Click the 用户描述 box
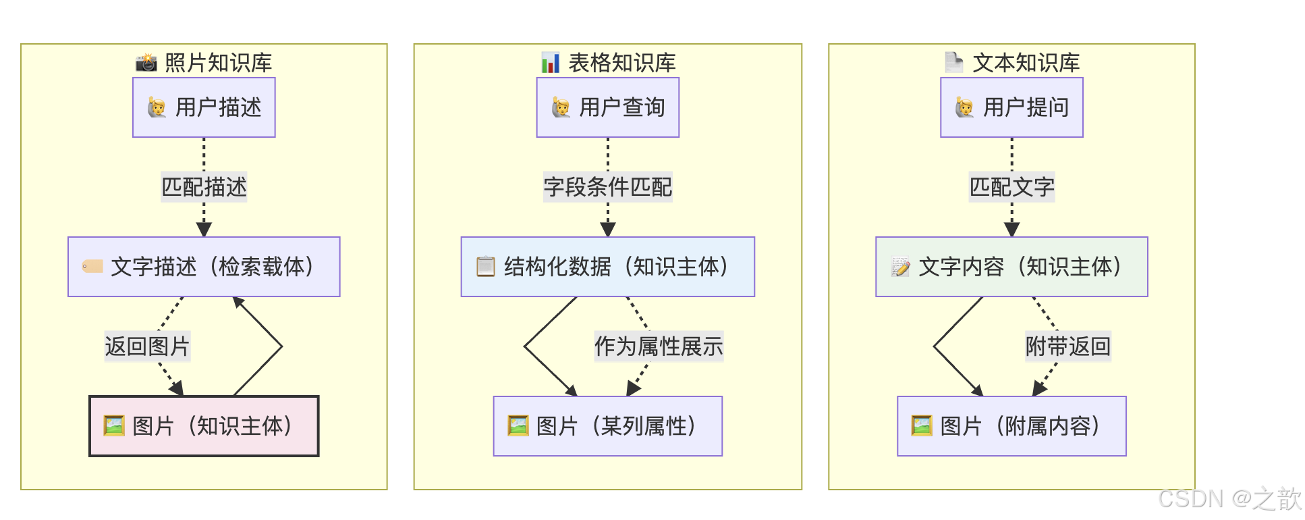tap(204, 107)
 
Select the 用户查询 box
tap(607, 107)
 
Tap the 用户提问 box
tap(1011, 107)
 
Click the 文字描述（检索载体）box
tap(204, 267)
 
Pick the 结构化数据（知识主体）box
tap(607, 267)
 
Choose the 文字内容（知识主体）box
tap(1011, 267)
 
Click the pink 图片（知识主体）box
tap(204, 426)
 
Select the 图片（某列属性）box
tap(607, 426)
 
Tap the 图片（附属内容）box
tap(1011, 426)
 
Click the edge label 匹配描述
tap(204, 187)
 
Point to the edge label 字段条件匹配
tap(607, 187)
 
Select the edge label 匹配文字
tap(1011, 187)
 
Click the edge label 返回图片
tap(147, 346)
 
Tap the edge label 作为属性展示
tap(659, 346)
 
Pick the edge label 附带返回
tap(1067, 346)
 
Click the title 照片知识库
tap(218, 63)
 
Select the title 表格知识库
tap(621, 63)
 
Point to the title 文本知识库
tap(1026, 63)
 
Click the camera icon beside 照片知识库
tap(146, 63)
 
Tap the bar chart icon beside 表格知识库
tap(551, 63)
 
